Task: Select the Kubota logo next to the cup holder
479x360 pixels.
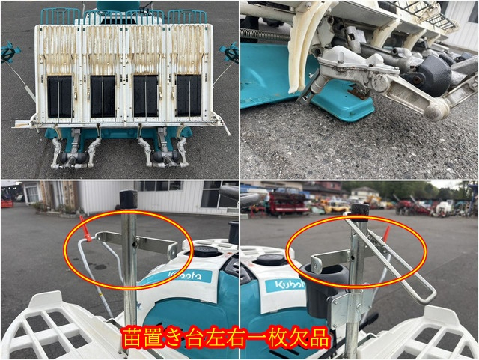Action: coord(285,285)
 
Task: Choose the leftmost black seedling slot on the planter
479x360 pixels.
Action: coord(60,97)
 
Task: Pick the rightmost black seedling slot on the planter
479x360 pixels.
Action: coord(189,96)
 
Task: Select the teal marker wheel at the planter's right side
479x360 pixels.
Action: coord(230,52)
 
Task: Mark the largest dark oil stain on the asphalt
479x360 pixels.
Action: coord(100,267)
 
